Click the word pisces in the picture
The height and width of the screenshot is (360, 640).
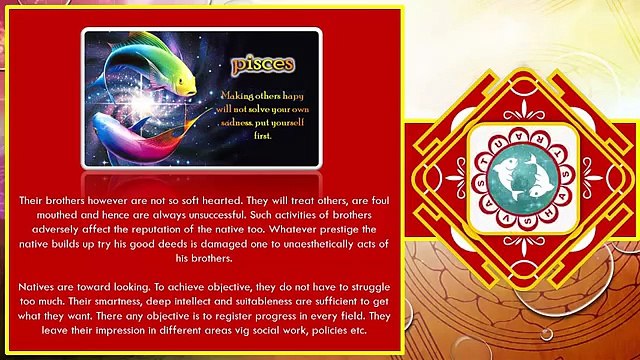(263, 66)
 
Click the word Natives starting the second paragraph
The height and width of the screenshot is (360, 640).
(39, 288)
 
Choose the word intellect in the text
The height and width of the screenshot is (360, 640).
(199, 302)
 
